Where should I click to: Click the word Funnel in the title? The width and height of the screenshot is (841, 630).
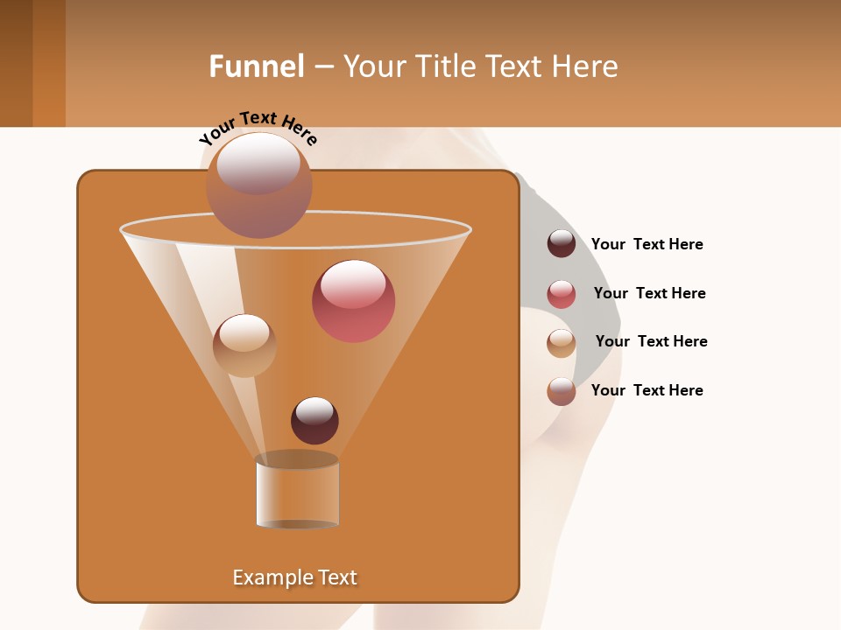pos(256,66)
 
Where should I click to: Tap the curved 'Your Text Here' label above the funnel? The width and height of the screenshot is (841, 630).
pos(258,128)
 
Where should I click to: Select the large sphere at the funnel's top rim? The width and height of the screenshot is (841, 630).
pos(258,185)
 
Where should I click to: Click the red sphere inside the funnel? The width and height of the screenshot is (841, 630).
pos(353,301)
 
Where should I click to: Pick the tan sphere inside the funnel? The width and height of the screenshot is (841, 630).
pos(244,346)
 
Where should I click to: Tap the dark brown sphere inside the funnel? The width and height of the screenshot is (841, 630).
pos(314,420)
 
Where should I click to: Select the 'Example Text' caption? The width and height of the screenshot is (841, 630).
pos(295,577)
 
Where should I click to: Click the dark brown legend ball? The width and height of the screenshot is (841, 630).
pos(562,243)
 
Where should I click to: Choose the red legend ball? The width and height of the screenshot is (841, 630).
pos(562,294)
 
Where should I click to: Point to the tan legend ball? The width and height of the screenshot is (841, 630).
pos(562,343)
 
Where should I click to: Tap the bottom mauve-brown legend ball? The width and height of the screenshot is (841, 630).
pos(562,391)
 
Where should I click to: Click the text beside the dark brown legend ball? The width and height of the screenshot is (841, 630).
pos(647,244)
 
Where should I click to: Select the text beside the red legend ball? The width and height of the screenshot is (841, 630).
pos(649,293)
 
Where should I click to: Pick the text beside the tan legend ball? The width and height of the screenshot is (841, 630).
pos(651,341)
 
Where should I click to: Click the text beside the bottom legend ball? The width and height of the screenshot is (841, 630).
pos(647,390)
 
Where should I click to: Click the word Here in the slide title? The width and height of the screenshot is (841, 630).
pos(586,66)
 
